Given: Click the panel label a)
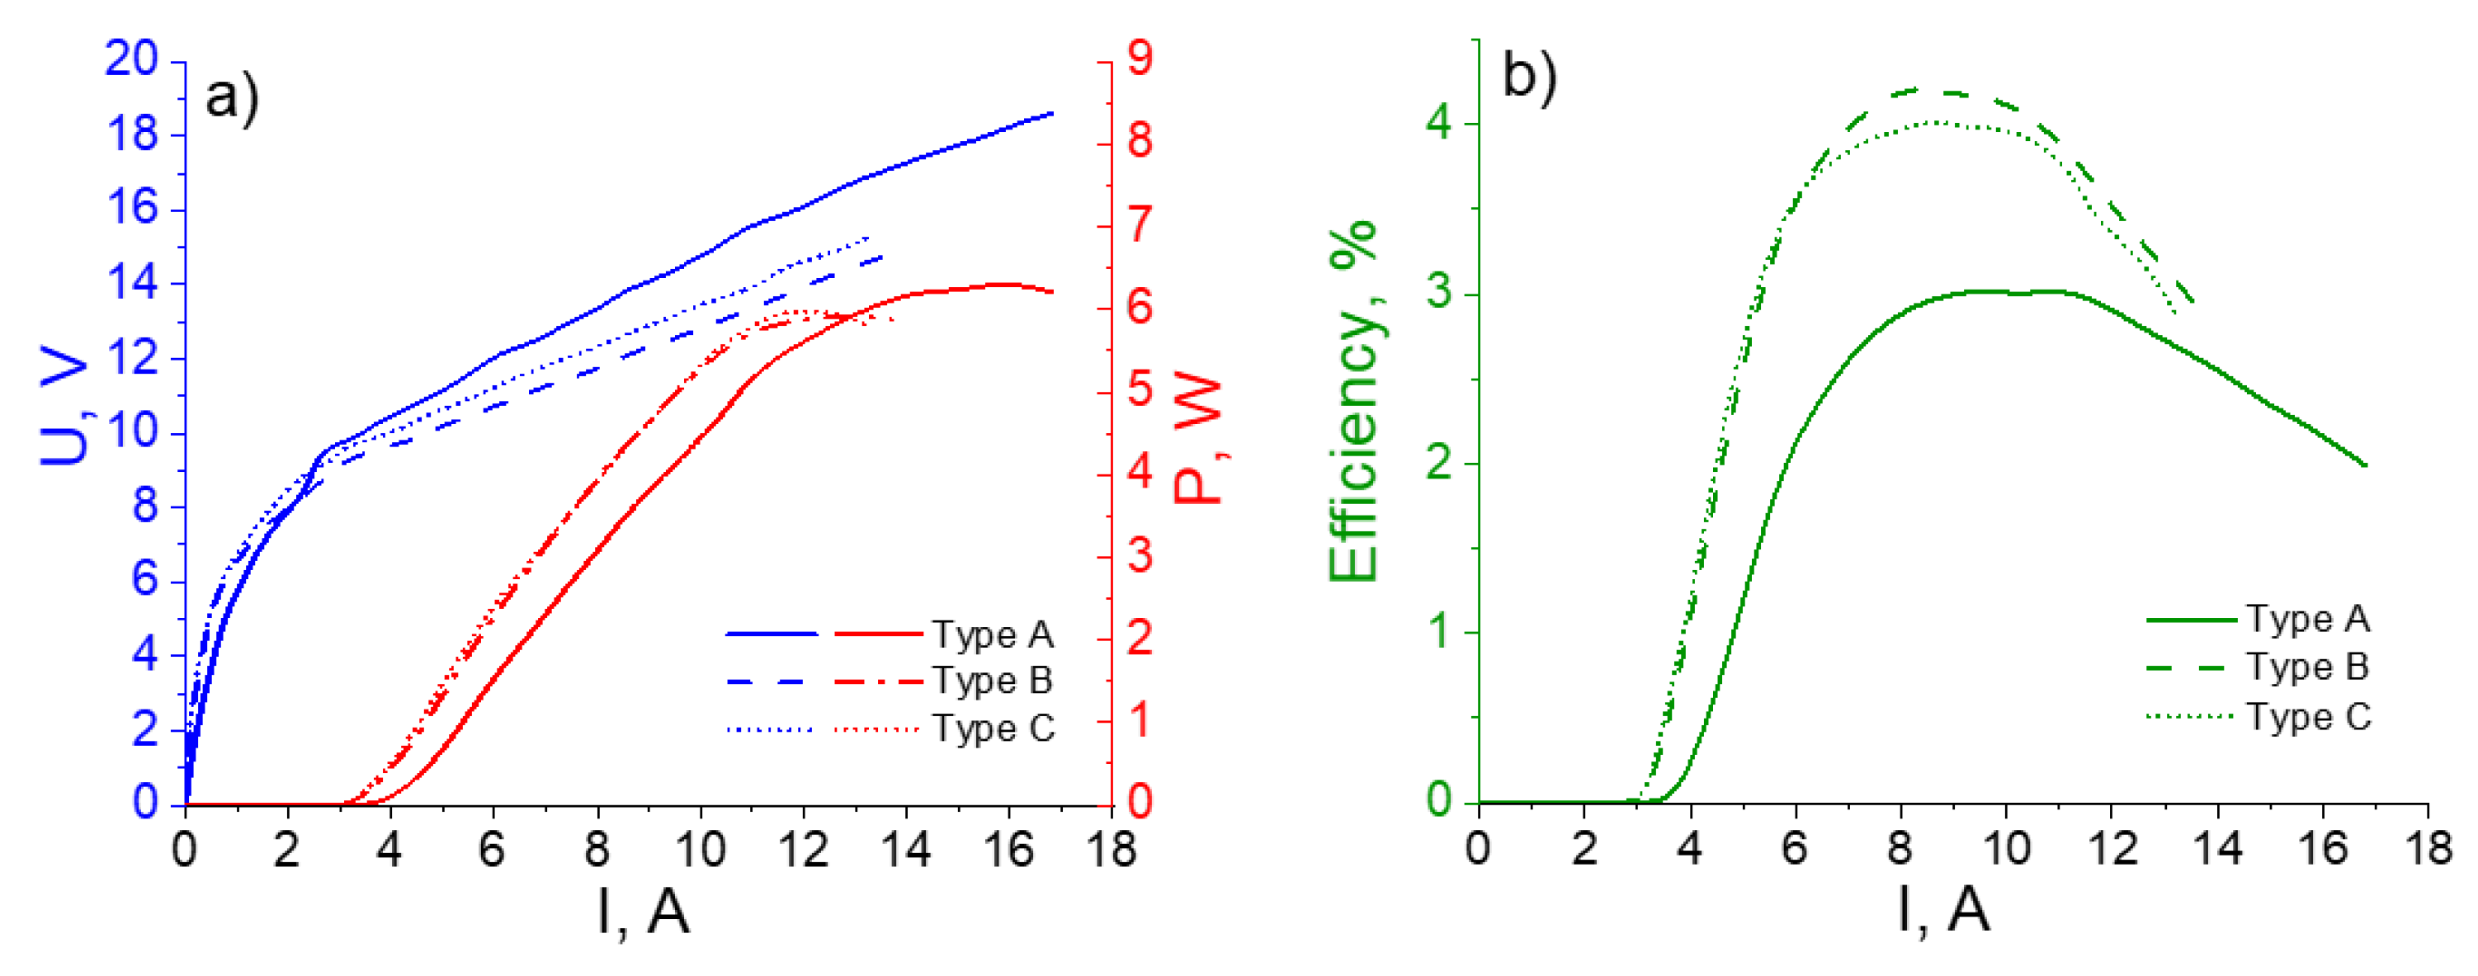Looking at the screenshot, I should [x=232, y=98].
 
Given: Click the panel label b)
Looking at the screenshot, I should [x=1530, y=77].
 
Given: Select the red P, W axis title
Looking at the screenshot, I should [x=1197, y=441].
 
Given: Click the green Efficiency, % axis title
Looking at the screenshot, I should [x=1353, y=401].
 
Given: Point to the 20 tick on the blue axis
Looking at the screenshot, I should [x=131, y=59].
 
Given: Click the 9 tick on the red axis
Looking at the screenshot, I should [x=1140, y=59].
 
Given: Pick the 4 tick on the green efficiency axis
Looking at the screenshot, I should [x=1440, y=125].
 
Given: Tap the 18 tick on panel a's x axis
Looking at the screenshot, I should [x=1111, y=850].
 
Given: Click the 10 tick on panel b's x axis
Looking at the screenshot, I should [x=2006, y=849].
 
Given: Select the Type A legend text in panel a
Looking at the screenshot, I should [x=994, y=634].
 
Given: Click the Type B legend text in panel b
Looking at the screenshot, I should [x=2308, y=667].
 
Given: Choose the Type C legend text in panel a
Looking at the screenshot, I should [x=994, y=728].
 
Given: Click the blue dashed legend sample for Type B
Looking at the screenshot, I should [x=771, y=681].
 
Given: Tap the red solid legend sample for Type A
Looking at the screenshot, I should [x=877, y=634].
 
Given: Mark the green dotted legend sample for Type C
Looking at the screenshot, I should [x=2189, y=717].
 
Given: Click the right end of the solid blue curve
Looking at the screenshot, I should [x=1051, y=114].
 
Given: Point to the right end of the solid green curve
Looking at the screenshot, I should [x=2364, y=465].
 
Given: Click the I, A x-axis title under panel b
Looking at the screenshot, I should [x=1943, y=910].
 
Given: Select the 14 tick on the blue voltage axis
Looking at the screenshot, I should [x=131, y=284].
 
